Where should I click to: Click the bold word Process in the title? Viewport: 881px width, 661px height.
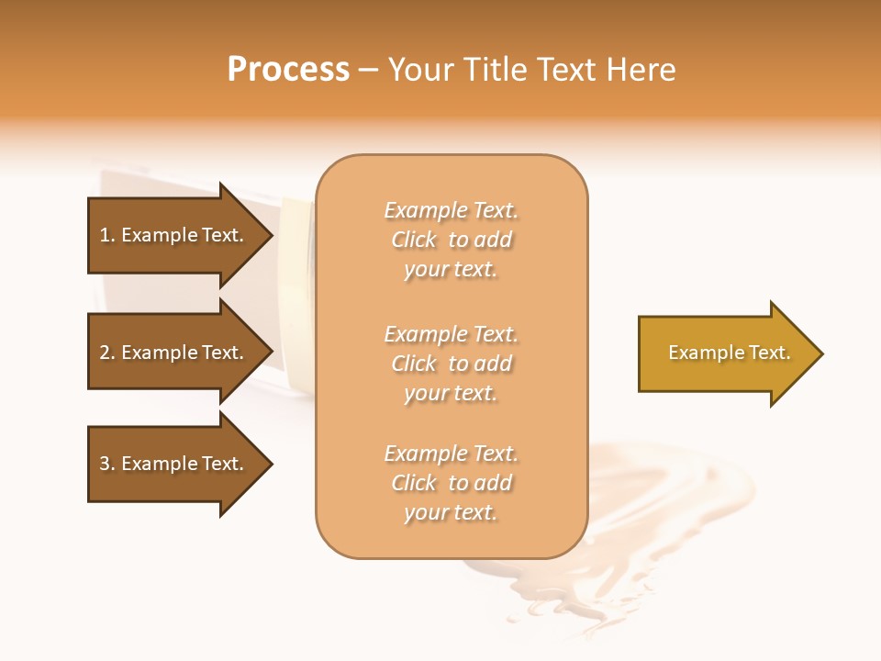pyautogui.click(x=288, y=70)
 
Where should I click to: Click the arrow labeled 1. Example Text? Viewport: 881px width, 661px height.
pyautogui.click(x=174, y=235)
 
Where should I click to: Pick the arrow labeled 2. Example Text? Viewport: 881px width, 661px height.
pyautogui.click(x=174, y=353)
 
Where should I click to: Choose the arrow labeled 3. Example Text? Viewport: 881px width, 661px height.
pyautogui.click(x=174, y=464)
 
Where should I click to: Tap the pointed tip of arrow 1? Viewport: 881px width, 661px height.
pyautogui.click(x=270, y=235)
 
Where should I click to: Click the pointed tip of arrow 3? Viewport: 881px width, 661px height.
pyautogui.click(x=270, y=464)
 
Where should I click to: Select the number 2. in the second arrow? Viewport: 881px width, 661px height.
pyautogui.click(x=107, y=353)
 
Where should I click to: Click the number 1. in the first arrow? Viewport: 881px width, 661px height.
pyautogui.click(x=107, y=235)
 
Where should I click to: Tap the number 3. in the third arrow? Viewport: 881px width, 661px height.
pyautogui.click(x=107, y=464)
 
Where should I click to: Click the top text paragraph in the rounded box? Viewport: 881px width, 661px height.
pyautogui.click(x=451, y=240)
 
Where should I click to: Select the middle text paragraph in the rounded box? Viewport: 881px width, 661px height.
pyautogui.click(x=451, y=364)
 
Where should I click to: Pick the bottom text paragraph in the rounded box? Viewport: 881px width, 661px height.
pyautogui.click(x=451, y=483)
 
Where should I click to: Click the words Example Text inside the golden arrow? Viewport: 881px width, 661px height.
pyautogui.click(x=729, y=353)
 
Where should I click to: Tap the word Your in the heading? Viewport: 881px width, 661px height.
pyautogui.click(x=419, y=70)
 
